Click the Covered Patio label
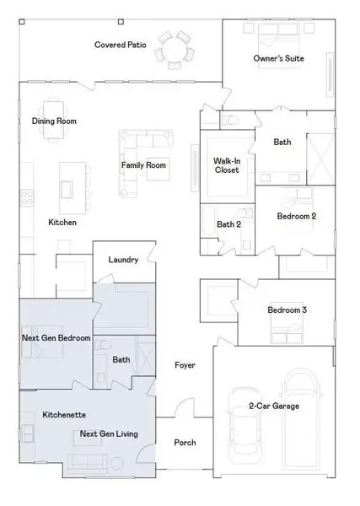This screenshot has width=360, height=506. click(x=121, y=45)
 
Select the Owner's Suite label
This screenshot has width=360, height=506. click(x=278, y=58)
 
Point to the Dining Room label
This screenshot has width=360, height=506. click(x=54, y=121)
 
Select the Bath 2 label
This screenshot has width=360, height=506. click(x=228, y=224)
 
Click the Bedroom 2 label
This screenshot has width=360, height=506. click(x=297, y=216)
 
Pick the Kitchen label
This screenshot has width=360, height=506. click(x=62, y=223)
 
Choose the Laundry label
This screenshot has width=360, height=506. click(x=123, y=260)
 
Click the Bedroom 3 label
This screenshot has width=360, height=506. click(x=287, y=310)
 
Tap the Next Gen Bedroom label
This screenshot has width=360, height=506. click(x=56, y=338)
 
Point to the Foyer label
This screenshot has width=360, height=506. click(x=185, y=365)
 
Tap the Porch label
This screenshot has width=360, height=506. click(x=184, y=443)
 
